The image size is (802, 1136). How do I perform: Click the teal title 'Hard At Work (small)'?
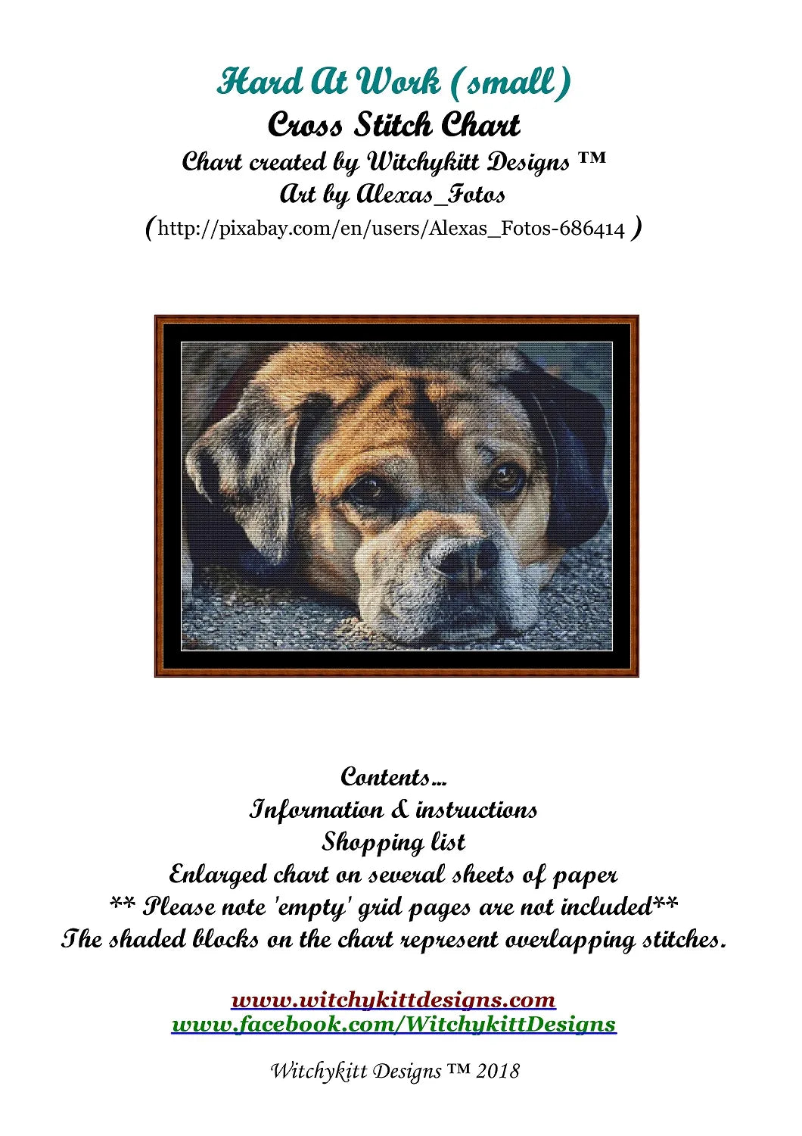(x=393, y=82)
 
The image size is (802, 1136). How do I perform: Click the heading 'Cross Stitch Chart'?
(x=393, y=125)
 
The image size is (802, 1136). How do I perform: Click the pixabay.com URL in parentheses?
(x=392, y=229)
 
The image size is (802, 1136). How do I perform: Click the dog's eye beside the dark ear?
(x=505, y=476)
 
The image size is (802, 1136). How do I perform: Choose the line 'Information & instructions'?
(x=393, y=810)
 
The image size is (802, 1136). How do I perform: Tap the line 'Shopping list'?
(x=393, y=842)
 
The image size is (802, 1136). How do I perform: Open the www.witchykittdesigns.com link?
(x=393, y=1000)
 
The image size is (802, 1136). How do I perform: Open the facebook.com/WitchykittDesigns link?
(x=393, y=1025)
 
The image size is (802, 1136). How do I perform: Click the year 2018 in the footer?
(x=498, y=1071)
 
